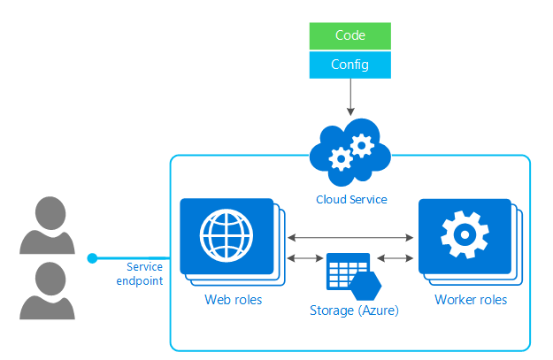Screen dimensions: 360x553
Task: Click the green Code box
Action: click(x=350, y=35)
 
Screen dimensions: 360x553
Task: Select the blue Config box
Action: click(x=350, y=64)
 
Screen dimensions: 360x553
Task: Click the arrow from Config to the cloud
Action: click(x=351, y=96)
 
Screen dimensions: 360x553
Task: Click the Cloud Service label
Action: click(x=351, y=200)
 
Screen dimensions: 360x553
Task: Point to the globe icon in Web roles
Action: click(x=226, y=235)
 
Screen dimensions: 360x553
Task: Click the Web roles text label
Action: click(x=233, y=300)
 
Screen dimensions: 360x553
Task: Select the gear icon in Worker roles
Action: click(x=464, y=235)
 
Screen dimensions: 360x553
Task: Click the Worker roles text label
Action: click(x=471, y=300)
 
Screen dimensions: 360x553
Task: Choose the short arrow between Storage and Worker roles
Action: click(x=396, y=258)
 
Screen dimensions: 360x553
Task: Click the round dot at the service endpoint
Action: click(x=92, y=258)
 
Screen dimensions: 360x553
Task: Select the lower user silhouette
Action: click(x=47, y=293)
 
